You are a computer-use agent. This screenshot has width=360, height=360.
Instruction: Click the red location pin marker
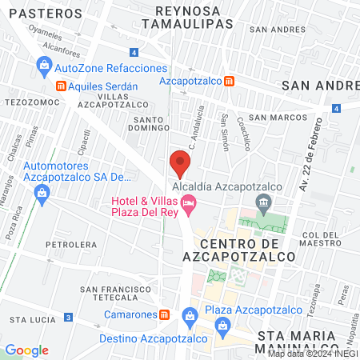180,164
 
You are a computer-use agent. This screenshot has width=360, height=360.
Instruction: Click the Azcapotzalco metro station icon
230,81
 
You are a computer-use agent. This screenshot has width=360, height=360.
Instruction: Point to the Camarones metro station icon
163,314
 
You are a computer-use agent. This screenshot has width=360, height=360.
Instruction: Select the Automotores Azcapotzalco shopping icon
41,191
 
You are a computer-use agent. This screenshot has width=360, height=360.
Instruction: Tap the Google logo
26,350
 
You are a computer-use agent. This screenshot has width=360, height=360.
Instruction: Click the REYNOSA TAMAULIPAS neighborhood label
187,18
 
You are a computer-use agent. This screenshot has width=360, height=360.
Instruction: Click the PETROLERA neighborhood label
70,244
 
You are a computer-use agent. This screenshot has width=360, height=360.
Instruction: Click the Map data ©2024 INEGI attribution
312,353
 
